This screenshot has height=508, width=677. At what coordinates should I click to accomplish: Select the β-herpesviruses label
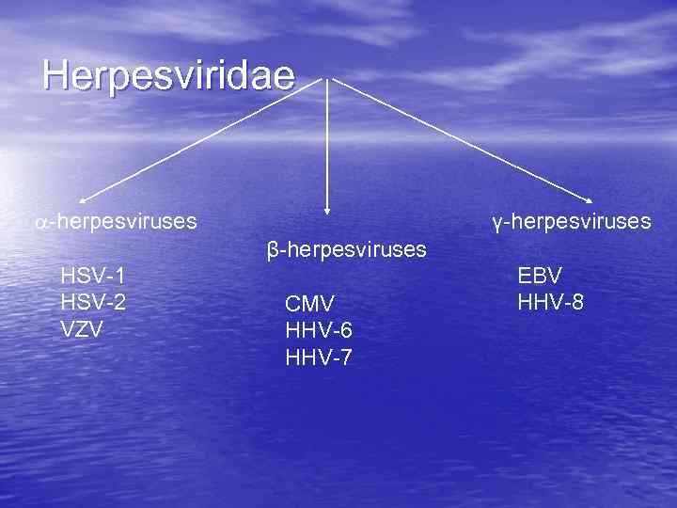click(x=347, y=250)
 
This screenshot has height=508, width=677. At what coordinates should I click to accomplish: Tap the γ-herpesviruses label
click(x=571, y=222)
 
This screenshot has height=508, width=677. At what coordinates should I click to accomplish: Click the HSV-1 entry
click(x=93, y=276)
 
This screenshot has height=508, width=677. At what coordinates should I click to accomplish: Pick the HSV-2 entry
click(x=93, y=303)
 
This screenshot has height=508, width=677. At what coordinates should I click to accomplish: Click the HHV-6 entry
click(x=319, y=330)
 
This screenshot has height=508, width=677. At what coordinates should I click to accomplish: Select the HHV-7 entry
click(x=319, y=357)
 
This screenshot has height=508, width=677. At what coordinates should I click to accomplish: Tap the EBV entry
click(x=540, y=276)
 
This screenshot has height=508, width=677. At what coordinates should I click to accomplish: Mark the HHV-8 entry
click(x=550, y=303)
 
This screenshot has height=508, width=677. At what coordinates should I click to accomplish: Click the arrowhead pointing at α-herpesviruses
click(x=83, y=199)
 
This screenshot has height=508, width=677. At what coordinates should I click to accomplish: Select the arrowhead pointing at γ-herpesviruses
click(x=590, y=199)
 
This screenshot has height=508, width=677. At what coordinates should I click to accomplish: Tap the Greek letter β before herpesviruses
click(x=273, y=251)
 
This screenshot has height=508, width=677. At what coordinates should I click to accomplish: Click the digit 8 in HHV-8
click(x=576, y=303)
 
